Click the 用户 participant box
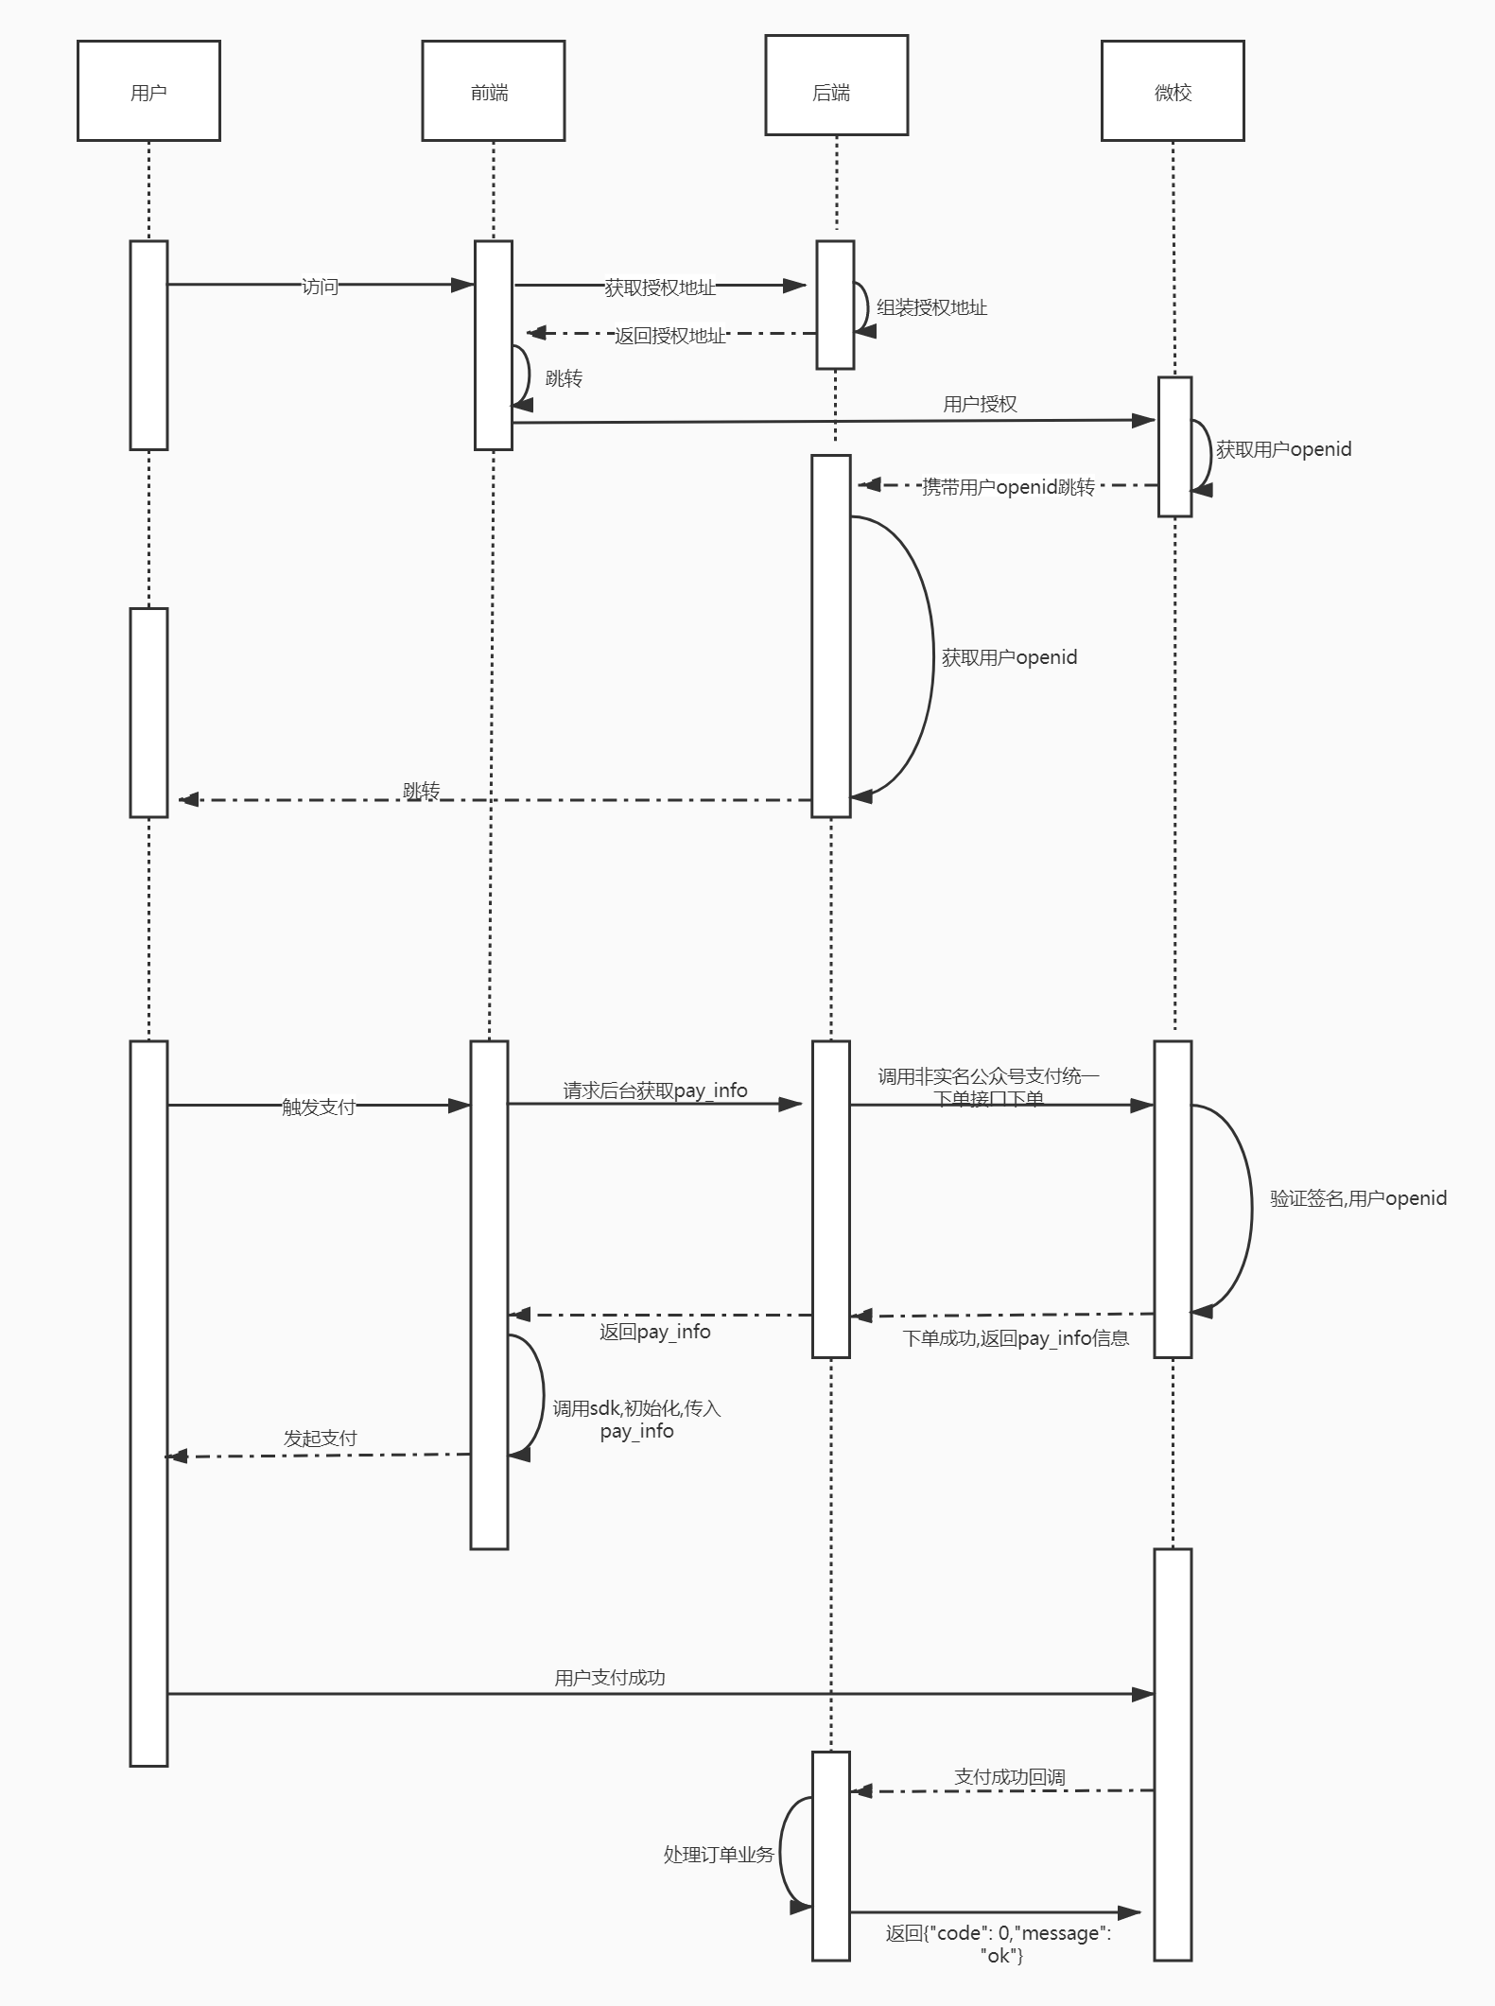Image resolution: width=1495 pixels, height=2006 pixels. tap(148, 91)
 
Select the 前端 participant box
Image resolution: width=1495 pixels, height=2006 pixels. tap(493, 91)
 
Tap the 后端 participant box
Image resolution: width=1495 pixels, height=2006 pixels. tap(836, 85)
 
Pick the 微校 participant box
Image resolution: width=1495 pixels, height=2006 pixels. tap(1173, 91)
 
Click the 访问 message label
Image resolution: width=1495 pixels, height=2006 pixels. tap(320, 287)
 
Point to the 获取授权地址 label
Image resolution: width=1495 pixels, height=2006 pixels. tap(660, 288)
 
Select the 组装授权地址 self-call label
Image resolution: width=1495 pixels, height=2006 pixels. tap(931, 307)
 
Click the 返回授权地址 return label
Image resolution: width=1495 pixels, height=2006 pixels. tap(669, 336)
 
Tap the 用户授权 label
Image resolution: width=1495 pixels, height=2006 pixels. tap(980, 404)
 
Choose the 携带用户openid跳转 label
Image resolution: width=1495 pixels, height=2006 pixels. tap(1008, 487)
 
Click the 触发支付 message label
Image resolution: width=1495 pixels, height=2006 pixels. tap(319, 1107)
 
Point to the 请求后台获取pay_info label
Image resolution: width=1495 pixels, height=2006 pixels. tap(655, 1090)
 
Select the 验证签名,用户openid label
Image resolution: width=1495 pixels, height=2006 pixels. tap(1358, 1198)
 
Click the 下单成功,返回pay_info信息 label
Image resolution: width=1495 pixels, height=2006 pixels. tap(1016, 1338)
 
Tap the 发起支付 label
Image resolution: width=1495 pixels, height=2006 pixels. tap(321, 1439)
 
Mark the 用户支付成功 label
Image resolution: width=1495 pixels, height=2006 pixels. tap(610, 1678)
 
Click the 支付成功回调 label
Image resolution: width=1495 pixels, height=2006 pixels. tap(1010, 1777)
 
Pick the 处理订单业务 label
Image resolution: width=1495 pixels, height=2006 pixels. tap(719, 1855)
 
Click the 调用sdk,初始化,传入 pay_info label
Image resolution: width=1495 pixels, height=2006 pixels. tap(636, 1420)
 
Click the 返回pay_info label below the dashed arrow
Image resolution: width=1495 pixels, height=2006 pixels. tap(654, 1332)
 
